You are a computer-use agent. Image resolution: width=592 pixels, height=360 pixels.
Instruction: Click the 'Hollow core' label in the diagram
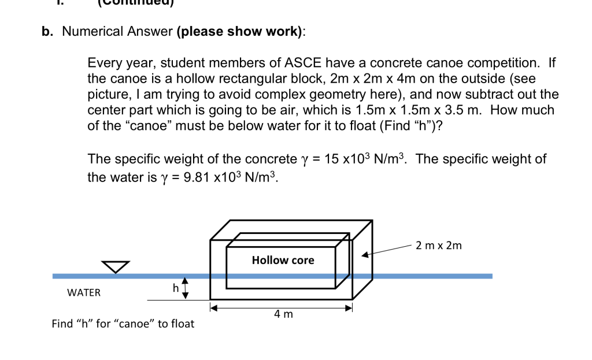coord(283,261)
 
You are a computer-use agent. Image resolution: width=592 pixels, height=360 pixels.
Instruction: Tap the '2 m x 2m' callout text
coord(439,246)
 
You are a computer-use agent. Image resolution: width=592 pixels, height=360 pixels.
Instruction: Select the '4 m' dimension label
coord(283,314)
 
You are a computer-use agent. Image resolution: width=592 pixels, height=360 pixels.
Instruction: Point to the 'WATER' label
coord(84,292)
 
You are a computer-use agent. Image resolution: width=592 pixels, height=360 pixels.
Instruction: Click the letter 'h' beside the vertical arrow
coord(174,287)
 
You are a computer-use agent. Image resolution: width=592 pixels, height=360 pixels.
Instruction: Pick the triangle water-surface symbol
coord(116,266)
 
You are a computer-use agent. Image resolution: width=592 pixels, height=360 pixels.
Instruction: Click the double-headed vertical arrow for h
coord(186,288)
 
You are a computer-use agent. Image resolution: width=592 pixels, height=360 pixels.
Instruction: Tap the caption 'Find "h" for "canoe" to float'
coord(123,324)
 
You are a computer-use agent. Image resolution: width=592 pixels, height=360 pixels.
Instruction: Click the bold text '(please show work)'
coord(240,32)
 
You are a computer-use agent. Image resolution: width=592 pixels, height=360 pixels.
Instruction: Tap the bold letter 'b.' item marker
coord(47,32)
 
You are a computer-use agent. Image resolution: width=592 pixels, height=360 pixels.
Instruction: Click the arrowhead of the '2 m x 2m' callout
coord(365,254)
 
